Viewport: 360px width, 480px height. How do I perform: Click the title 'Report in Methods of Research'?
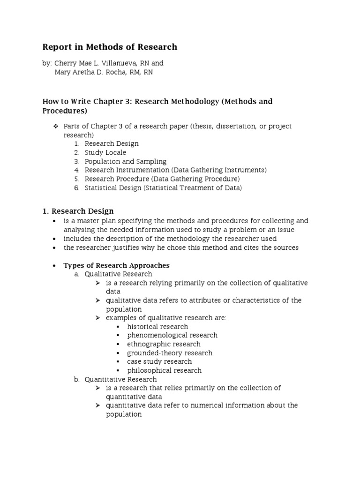[x=110, y=47]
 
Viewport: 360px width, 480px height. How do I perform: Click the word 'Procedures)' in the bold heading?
[x=65, y=111]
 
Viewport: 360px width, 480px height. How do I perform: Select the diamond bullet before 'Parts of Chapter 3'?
[x=55, y=127]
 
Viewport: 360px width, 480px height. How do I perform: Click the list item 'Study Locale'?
[x=105, y=152]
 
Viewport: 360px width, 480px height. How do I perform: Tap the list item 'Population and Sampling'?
[x=125, y=161]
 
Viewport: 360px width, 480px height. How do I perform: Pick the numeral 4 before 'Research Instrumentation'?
[x=76, y=170]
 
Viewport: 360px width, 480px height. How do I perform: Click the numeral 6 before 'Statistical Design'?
[x=76, y=188]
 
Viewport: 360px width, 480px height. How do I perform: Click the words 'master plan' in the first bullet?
[x=100, y=221]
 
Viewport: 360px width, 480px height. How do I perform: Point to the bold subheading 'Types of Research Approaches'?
[x=116, y=265]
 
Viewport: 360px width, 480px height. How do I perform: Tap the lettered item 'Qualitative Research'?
[x=118, y=274]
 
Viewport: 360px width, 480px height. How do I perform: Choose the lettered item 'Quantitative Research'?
[x=120, y=379]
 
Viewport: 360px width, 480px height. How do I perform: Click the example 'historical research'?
[x=157, y=327]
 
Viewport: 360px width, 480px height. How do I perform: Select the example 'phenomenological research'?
[x=172, y=335]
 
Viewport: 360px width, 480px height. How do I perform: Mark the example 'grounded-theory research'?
[x=169, y=353]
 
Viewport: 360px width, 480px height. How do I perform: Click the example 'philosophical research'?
[x=164, y=370]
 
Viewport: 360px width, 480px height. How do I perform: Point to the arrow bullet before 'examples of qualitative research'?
[x=97, y=318]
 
